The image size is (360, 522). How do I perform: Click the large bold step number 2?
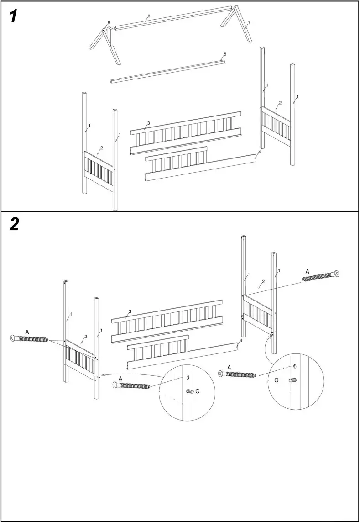14,224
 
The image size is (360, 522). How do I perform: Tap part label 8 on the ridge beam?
149,16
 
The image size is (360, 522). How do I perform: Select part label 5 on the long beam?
225,54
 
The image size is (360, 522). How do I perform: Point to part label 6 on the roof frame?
109,23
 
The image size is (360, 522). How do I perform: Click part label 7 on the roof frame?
249,22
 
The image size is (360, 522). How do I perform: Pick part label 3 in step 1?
148,123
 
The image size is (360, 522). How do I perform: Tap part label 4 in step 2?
241,341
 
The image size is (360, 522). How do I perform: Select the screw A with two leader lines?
29,339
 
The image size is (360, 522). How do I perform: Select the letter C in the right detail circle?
277,380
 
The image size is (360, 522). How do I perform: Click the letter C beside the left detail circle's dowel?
197,391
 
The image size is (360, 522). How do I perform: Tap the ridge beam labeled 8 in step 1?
173,18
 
